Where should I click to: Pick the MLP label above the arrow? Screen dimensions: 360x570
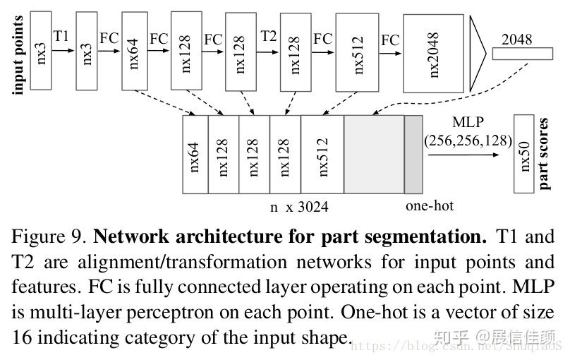tap(468, 122)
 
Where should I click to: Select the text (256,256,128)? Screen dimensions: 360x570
tap(468, 140)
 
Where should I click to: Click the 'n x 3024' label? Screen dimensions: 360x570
tap(299, 207)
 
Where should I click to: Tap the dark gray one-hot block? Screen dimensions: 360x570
tap(413, 154)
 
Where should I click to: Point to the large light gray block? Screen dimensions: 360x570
tap(373, 154)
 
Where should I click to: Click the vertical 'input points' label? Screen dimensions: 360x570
tap(19, 55)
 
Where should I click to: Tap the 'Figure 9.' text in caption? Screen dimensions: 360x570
tap(47, 235)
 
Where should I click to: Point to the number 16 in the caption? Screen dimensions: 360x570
tap(21, 337)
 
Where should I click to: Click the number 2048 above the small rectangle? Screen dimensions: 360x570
tap(516, 40)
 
